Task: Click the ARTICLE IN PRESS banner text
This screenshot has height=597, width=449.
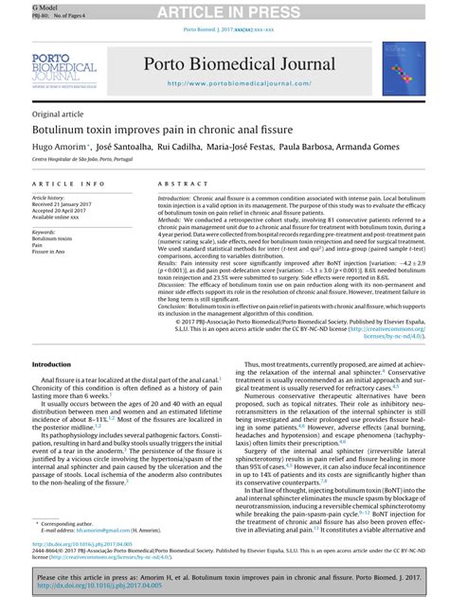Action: (x=224, y=10)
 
